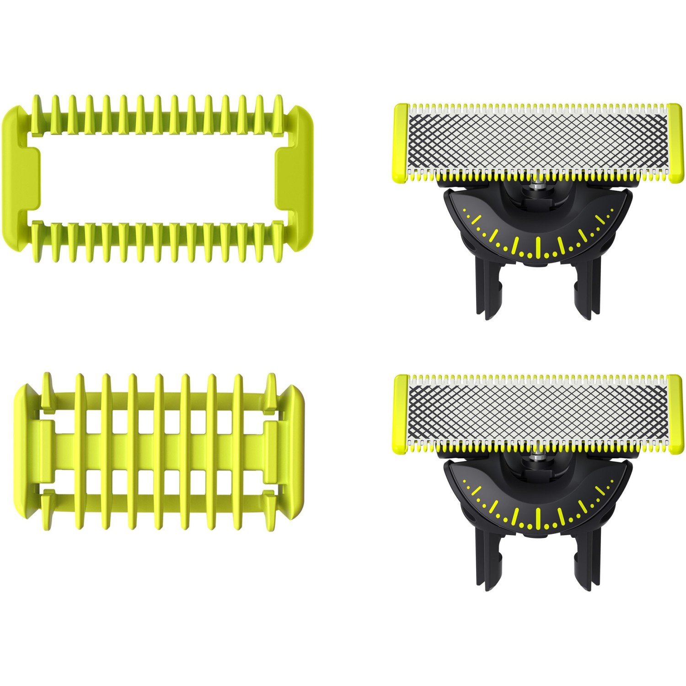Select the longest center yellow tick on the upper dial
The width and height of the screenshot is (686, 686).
(x=538, y=247)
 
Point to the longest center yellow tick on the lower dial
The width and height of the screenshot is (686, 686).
(x=538, y=519)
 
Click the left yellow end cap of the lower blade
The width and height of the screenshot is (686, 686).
(x=401, y=414)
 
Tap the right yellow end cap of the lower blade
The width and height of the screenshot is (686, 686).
(x=674, y=414)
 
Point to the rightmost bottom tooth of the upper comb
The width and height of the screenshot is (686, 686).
(x=277, y=242)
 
